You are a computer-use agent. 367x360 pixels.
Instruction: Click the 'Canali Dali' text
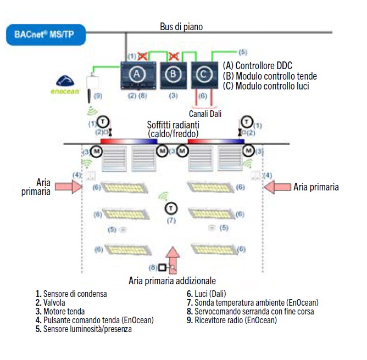click(204, 113)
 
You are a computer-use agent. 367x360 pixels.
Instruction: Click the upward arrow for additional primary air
click(173, 258)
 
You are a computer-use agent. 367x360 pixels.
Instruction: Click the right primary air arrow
click(277, 187)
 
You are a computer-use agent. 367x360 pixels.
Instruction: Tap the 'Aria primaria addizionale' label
click(171, 280)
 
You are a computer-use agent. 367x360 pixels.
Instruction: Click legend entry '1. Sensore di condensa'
click(71, 294)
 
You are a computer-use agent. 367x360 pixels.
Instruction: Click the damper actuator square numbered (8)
click(162, 268)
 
